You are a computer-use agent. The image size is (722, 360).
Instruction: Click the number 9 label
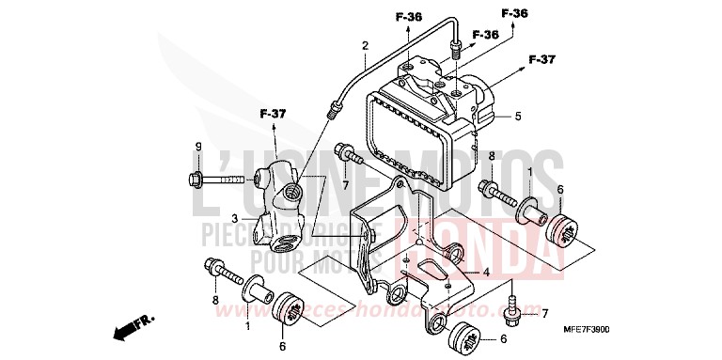[x=198, y=146]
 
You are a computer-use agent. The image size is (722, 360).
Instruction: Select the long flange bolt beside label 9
[x=222, y=177]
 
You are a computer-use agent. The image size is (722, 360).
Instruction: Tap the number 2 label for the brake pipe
[x=365, y=45]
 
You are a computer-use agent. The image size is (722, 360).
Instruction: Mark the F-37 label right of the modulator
[x=542, y=60]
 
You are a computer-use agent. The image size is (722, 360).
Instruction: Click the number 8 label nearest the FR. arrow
[x=214, y=300]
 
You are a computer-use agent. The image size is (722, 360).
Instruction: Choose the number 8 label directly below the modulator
[x=491, y=154]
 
